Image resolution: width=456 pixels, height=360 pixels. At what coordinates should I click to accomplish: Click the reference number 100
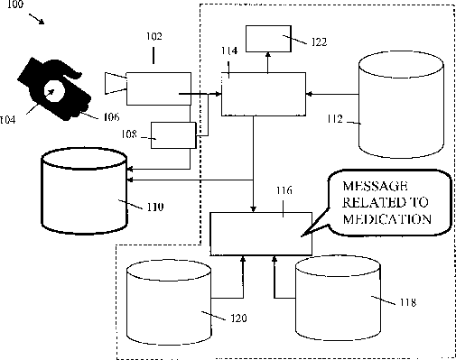[x=14, y=5]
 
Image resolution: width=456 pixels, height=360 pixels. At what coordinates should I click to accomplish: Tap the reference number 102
[x=154, y=36]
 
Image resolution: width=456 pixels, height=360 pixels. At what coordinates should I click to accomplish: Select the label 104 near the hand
[x=7, y=120]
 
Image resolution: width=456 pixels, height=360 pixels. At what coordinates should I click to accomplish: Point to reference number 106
[x=111, y=116]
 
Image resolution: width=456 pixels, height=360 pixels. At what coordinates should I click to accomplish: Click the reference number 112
[x=335, y=119]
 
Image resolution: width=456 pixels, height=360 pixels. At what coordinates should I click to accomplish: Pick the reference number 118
[x=408, y=302]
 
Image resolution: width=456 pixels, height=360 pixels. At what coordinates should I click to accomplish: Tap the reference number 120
[x=238, y=318]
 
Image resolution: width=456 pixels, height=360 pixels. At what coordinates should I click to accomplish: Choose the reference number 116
[x=284, y=190]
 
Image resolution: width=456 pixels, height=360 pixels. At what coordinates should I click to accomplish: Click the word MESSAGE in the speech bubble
[x=375, y=186]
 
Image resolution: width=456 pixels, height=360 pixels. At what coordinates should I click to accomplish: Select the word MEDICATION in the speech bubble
[x=387, y=219]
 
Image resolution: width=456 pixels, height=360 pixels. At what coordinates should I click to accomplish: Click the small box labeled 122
[x=268, y=39]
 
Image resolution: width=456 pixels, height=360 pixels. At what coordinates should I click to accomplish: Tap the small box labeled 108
[x=173, y=135]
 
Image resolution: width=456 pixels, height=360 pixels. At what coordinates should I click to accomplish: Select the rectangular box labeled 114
[x=264, y=94]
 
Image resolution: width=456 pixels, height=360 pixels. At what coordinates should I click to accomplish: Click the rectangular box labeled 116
[x=261, y=234]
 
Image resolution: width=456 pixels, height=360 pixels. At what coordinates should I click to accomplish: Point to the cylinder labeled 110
[x=84, y=190]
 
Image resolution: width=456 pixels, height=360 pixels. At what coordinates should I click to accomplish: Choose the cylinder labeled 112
[x=401, y=105]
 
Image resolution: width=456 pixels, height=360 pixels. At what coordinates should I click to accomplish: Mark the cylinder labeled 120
[x=169, y=302]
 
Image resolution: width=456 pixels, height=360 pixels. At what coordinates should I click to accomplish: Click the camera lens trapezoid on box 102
[x=116, y=83]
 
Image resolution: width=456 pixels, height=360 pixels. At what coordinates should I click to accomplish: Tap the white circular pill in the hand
[x=54, y=90]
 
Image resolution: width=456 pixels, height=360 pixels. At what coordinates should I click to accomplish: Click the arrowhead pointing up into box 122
[x=268, y=54]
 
